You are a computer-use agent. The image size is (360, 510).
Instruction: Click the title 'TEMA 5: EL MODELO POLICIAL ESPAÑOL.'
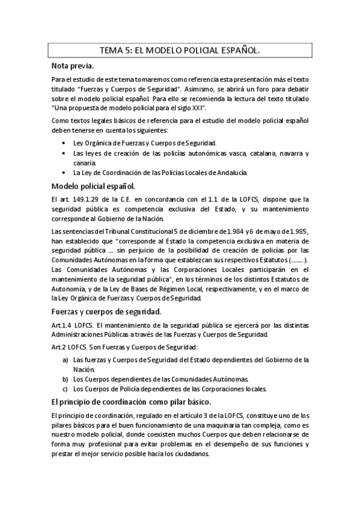point(180,52)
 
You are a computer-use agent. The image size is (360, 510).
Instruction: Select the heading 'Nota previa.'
point(72,66)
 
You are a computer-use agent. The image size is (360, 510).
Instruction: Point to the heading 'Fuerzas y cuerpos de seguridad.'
point(106,312)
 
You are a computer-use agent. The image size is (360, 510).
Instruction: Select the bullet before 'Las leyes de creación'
point(64,154)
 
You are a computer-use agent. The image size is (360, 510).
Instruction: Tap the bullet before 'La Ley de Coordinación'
point(64,173)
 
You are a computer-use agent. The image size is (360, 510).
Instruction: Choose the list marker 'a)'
point(65,360)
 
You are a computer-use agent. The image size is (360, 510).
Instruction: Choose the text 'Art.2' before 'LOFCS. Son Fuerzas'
point(59,348)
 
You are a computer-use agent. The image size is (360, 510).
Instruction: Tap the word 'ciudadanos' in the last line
point(189,455)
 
